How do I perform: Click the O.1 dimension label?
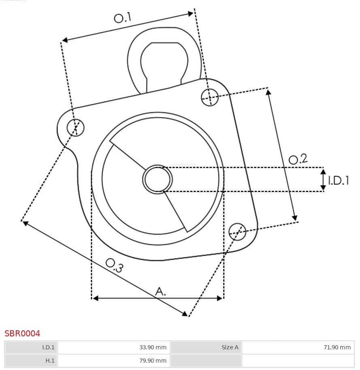click(x=123, y=17)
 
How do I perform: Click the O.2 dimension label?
click(x=298, y=159)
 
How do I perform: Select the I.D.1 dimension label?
click(x=339, y=180)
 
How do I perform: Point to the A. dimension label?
click(x=160, y=291)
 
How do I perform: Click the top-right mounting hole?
click(x=210, y=97)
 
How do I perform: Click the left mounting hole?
click(x=75, y=128)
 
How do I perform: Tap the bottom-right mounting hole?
click(x=237, y=231)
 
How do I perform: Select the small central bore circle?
click(x=158, y=179)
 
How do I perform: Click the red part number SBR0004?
click(x=22, y=334)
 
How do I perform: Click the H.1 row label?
click(x=31, y=360)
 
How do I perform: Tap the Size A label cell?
click(x=206, y=347)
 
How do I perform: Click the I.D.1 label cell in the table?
click(x=31, y=347)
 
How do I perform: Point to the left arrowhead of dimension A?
click(x=96, y=298)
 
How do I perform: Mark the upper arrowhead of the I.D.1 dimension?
click(x=323, y=171)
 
